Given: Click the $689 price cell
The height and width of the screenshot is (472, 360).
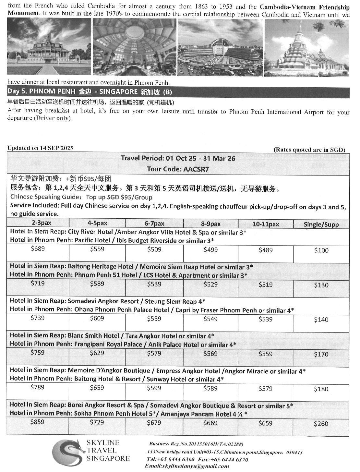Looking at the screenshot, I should pos(38,249).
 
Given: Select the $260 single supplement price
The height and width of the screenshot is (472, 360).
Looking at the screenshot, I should pos(321,424).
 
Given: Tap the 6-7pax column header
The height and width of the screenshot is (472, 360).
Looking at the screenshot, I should pos(154,224).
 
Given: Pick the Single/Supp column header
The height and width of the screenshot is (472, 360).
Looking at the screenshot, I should pos(321,224).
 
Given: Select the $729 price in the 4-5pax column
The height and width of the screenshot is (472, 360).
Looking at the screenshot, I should pos(97,422).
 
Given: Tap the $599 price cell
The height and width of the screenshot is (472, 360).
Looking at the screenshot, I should pos(154,388).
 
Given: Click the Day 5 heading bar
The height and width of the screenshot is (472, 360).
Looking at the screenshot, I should pos(178,92).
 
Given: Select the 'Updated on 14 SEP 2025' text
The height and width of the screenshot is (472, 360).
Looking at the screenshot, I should pos(40,148).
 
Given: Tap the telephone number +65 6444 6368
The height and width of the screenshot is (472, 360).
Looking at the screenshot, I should pos(171,459).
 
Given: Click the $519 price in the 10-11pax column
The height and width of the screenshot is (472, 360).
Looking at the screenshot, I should pos(266,284).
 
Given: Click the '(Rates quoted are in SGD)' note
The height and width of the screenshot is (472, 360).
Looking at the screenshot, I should pos(309,150).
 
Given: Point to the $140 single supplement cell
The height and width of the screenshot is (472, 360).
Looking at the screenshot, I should pos(321,320).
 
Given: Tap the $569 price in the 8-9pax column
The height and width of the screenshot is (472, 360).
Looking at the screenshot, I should pos(210,354).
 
